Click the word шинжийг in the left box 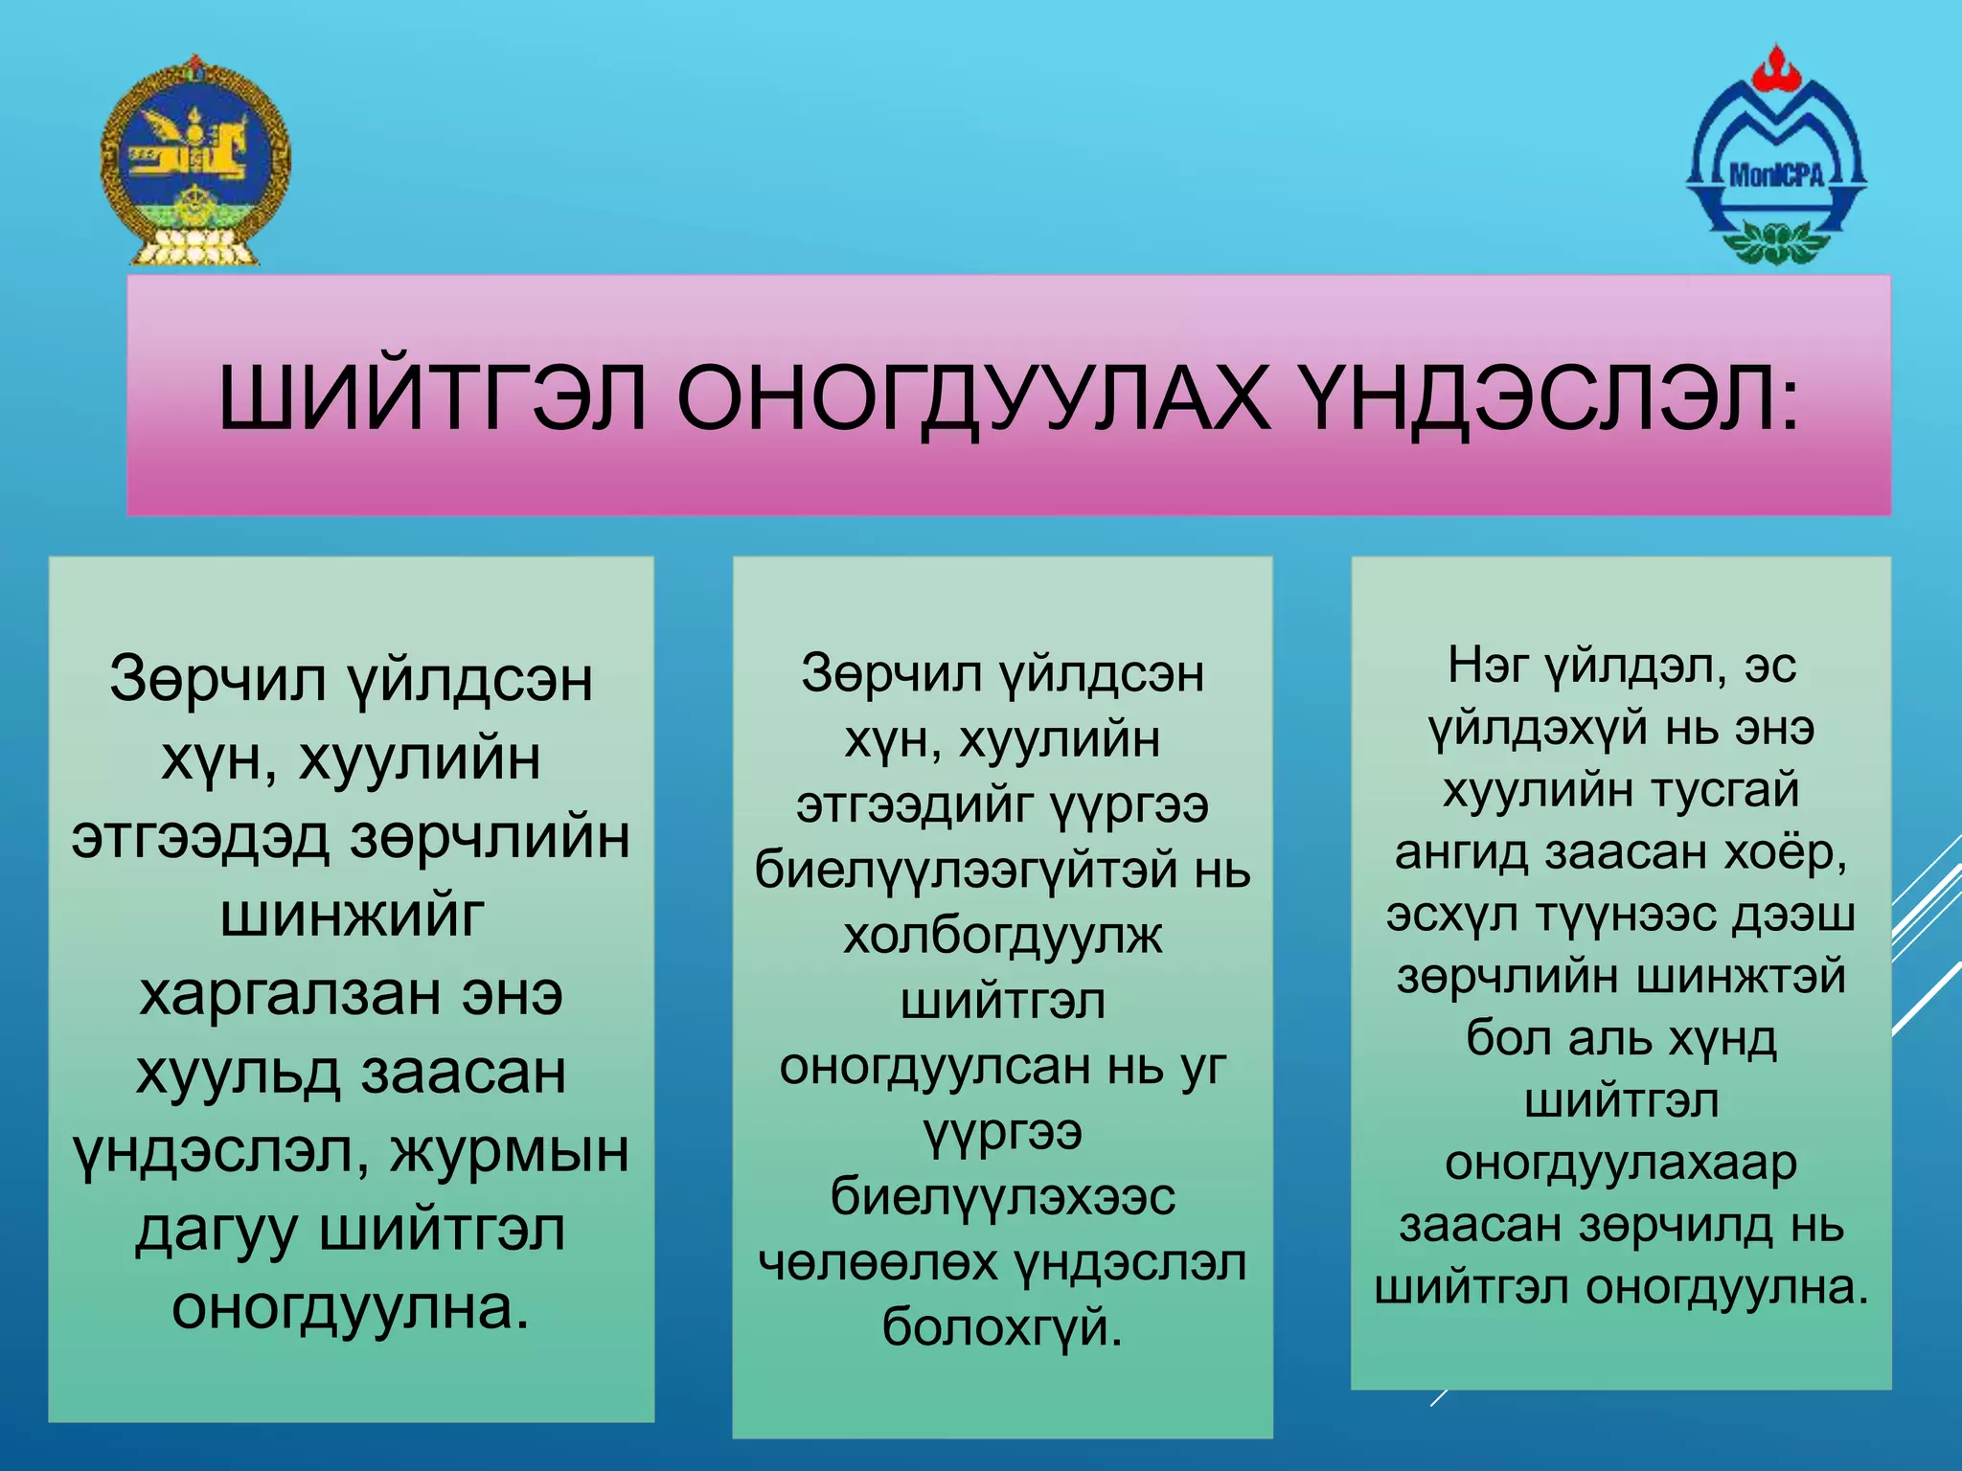click(352, 916)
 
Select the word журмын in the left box click(509, 1151)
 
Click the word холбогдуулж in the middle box click(1002, 936)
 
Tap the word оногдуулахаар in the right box click(1621, 1164)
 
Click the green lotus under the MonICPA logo click(1775, 239)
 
